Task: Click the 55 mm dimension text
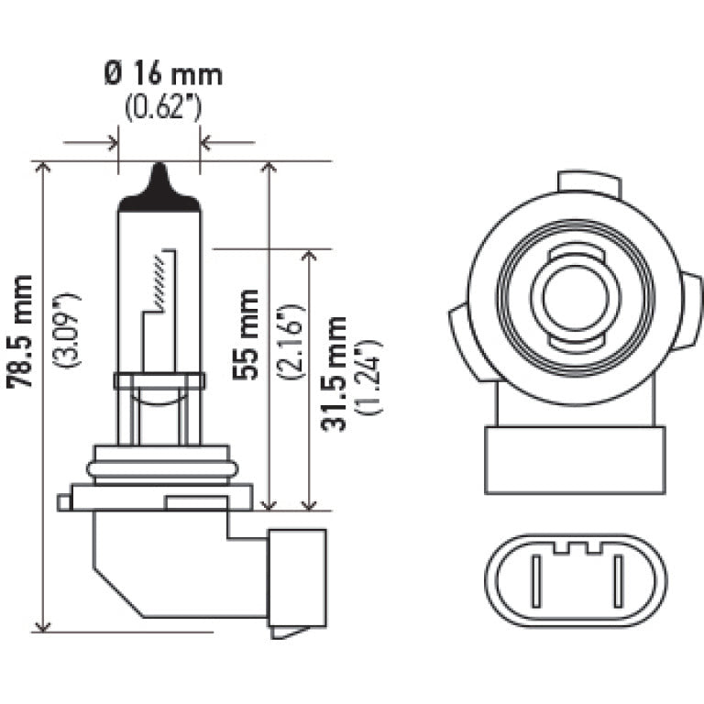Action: (246, 334)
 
